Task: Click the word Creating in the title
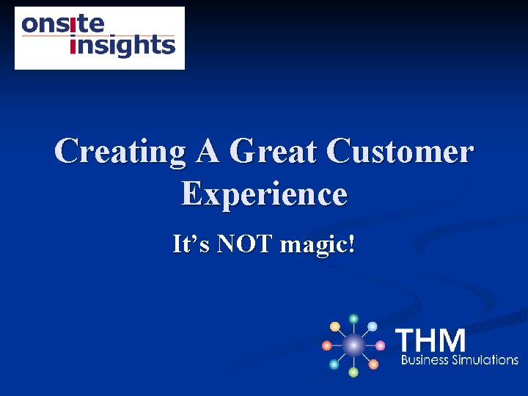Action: (x=120, y=152)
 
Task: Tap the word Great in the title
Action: (x=274, y=152)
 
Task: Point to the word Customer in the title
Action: (x=400, y=152)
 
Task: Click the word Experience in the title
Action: (x=264, y=195)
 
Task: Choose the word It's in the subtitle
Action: (x=190, y=243)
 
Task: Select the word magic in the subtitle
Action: (x=314, y=245)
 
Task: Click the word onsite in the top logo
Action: (x=63, y=24)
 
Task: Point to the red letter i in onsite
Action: (x=73, y=23)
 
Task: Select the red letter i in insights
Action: (x=73, y=46)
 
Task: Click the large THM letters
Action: (x=430, y=341)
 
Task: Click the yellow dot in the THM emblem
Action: (x=335, y=326)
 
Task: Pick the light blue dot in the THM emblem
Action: (x=373, y=326)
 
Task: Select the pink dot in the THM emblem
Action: (x=381, y=345)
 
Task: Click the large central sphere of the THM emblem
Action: (x=353, y=345)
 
